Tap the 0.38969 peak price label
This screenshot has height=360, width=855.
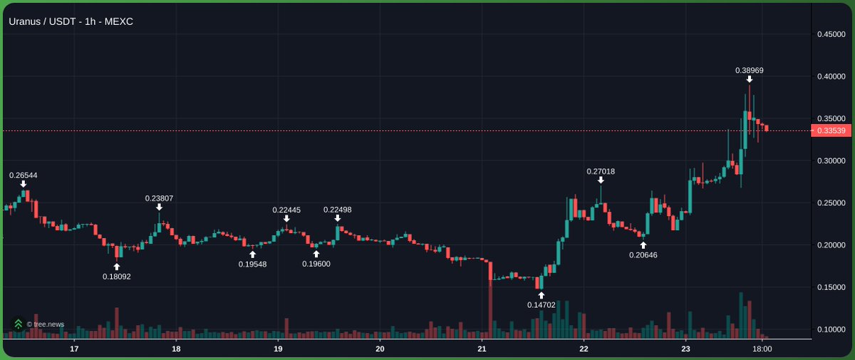tap(750, 70)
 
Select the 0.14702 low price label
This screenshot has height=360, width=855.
tap(541, 304)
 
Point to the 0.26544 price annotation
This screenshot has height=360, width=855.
tap(23, 174)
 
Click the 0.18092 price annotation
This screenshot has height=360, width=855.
tap(117, 276)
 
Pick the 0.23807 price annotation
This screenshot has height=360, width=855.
tap(159, 198)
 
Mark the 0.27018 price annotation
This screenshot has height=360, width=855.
tap(601, 171)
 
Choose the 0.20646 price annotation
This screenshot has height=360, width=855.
tap(643, 254)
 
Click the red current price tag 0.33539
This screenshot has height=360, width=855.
tap(831, 131)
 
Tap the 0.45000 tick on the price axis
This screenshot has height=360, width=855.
tap(831, 34)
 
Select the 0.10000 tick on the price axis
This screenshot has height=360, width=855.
tap(831, 329)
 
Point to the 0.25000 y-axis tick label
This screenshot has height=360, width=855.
tap(831, 203)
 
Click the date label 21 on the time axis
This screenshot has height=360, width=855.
tap(482, 349)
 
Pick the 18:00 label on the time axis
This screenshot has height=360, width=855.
tap(762, 349)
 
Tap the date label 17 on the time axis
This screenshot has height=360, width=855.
tap(74, 349)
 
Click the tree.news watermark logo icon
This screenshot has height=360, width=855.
tap(18, 324)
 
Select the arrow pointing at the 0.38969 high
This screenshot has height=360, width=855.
tap(750, 79)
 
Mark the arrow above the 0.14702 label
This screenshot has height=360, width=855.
tap(541, 294)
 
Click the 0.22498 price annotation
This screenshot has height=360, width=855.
tap(337, 210)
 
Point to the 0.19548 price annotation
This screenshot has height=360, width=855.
tap(252, 264)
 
